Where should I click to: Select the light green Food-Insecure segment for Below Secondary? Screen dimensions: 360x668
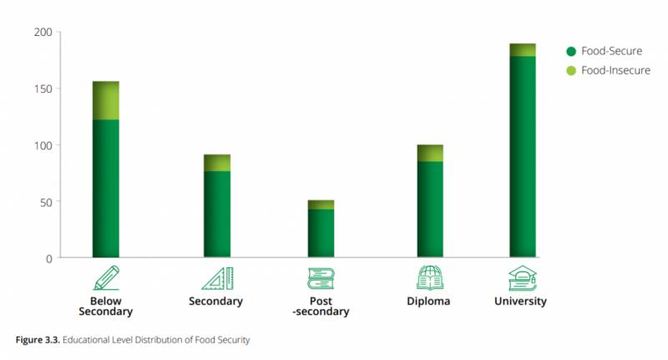coord(105,100)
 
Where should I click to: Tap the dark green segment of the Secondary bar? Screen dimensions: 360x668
coord(217,214)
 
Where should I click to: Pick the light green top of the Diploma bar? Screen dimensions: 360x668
coord(430,153)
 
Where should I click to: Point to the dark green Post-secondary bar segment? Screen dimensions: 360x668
coord(321,233)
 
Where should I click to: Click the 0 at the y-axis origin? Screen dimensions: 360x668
coord(48,258)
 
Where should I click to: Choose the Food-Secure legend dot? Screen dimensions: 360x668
coord(571,51)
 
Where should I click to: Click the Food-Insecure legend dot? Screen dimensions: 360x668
coord(571,70)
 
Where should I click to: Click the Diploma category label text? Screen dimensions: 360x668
coord(429,302)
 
